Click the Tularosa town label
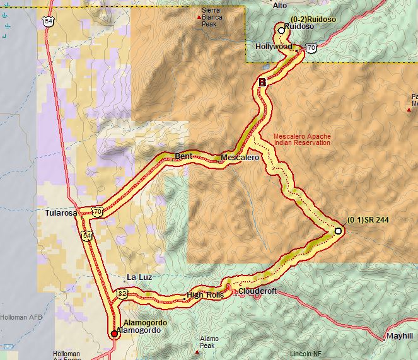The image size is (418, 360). [61, 213]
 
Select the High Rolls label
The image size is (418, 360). [205, 295]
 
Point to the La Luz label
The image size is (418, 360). [139, 277]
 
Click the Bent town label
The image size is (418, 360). [183, 156]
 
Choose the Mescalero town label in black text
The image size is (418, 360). [240, 158]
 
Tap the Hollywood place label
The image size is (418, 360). [274, 47]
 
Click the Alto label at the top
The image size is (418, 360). [279, 5]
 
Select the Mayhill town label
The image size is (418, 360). [400, 335]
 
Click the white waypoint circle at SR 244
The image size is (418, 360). [338, 231]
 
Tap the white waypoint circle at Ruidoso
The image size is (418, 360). [281, 30]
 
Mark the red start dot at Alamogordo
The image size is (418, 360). [113, 334]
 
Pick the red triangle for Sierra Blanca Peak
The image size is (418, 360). [200, 17]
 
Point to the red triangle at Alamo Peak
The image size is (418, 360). [199, 334]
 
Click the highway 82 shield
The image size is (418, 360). [122, 293]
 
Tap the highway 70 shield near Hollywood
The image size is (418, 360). [311, 48]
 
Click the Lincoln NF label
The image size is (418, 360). [306, 354]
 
